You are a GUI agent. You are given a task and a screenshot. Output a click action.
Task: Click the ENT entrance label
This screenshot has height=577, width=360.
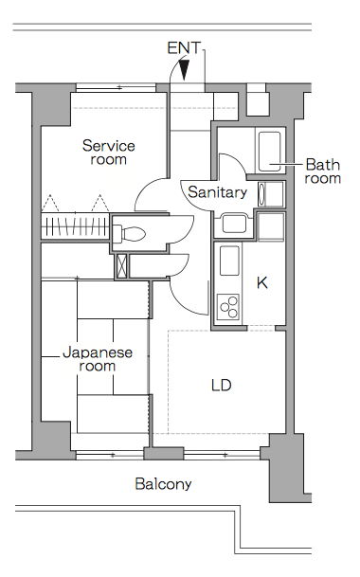pos(184,47)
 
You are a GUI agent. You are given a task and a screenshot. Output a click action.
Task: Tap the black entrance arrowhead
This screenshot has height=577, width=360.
pos(184,70)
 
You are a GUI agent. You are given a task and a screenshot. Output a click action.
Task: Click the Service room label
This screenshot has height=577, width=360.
pos(109,153)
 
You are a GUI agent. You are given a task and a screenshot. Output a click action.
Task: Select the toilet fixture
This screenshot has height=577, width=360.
pos(129,233)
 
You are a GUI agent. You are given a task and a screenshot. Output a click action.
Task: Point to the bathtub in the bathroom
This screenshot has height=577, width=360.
pos(270,151)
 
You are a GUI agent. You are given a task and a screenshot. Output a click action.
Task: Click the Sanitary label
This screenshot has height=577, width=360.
pos(217,192)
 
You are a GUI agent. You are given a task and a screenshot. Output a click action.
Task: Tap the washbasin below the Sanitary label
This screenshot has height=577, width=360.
pos(234,224)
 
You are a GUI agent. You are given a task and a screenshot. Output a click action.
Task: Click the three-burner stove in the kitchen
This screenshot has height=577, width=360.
pos(228,307)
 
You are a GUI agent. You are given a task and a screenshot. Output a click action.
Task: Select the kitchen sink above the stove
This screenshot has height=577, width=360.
pos(229,261)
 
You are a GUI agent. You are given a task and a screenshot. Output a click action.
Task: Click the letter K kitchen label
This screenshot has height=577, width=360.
pos(262,282)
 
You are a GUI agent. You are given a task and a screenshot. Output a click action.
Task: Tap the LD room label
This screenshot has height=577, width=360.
pos(222,385)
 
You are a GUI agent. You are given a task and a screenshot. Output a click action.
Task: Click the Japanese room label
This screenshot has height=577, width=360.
pos(98,359)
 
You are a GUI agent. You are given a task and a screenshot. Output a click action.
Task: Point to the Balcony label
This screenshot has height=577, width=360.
pos(163,483)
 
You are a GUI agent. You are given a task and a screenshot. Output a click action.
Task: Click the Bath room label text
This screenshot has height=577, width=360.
pos(322,171)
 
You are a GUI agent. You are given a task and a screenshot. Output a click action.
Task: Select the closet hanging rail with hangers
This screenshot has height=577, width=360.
pos(75,225)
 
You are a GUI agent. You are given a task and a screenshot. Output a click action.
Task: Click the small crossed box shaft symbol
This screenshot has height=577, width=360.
pos(121,265)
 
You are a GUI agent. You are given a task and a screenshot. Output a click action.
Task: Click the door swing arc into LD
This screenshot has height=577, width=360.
pos(184,302)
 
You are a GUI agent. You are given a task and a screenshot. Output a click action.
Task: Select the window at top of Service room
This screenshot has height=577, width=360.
pos(116,87)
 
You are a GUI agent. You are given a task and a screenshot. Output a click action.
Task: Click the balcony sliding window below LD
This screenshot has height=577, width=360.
pos(222,455)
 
